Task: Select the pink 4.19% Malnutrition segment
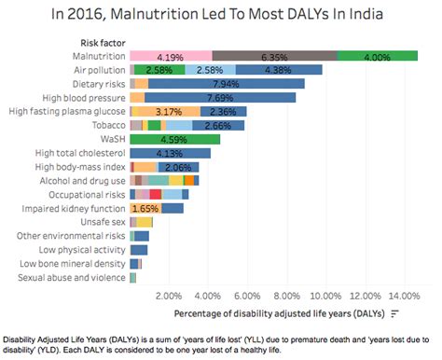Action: [171, 56]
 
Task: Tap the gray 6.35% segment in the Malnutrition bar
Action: [274, 56]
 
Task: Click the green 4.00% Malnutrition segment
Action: [377, 56]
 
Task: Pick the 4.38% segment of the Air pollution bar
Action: [279, 70]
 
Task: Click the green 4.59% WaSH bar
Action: [175, 139]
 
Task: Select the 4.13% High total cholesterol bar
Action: [171, 153]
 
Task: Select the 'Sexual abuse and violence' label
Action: [72, 279]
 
